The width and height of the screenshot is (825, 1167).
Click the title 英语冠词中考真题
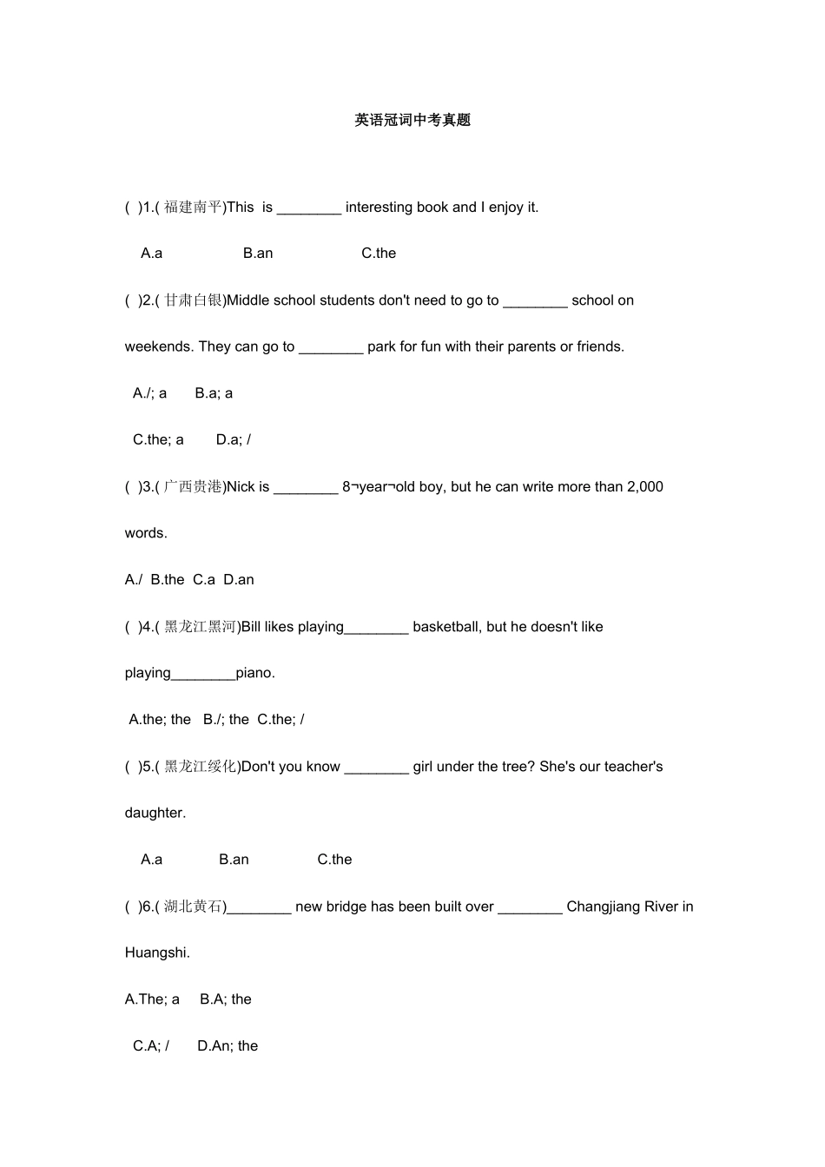[x=412, y=121]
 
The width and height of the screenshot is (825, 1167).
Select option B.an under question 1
[x=258, y=254]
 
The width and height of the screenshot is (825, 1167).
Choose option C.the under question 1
[x=379, y=254]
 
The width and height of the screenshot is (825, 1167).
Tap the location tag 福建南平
[x=193, y=208]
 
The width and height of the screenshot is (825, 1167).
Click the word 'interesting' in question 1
[x=379, y=208]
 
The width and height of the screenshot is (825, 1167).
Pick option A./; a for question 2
[x=149, y=393]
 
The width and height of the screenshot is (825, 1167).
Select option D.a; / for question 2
[x=234, y=439]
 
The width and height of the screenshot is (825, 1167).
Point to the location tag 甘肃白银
[x=193, y=300]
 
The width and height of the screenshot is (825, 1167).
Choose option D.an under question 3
[x=239, y=580]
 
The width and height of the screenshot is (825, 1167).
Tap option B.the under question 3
[x=168, y=580]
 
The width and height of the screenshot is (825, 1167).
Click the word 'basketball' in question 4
[x=446, y=627]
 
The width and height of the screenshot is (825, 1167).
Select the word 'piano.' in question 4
[x=255, y=673]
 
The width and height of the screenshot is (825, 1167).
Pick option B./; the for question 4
[x=226, y=720]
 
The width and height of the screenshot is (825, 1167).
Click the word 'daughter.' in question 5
[x=155, y=813]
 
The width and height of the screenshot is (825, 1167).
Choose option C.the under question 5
[x=334, y=860]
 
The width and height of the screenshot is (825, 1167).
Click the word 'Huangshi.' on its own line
[x=157, y=953]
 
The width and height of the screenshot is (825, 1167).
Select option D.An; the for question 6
[x=228, y=1046]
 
